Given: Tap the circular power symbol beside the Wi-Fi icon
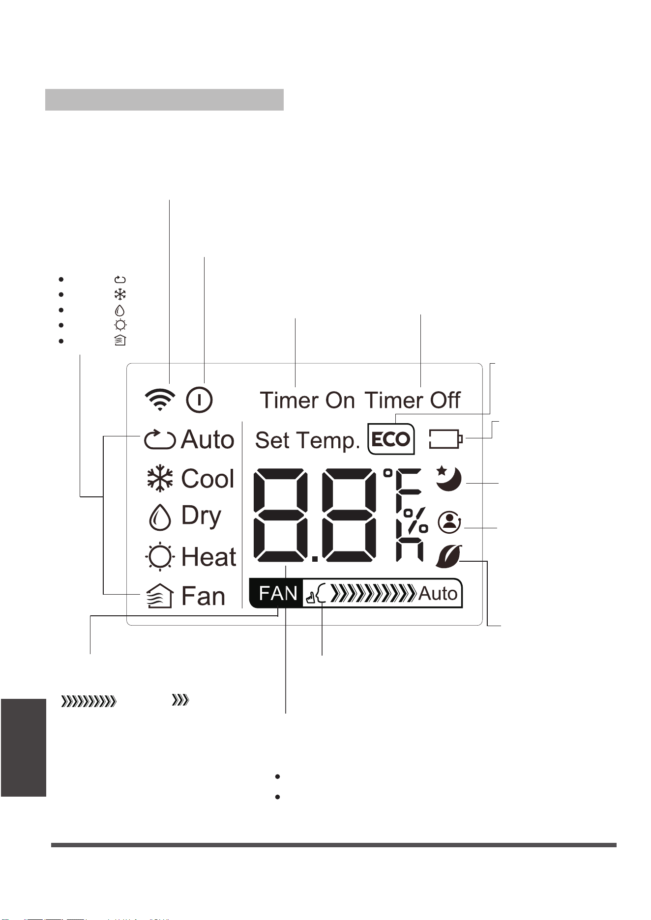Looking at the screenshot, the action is (199, 400).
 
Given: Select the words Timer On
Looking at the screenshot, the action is (307, 400).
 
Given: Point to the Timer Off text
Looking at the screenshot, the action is (412, 400).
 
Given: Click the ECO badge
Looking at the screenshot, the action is (391, 438).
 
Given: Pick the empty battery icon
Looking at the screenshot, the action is (446, 439).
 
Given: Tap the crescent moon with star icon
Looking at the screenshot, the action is (448, 478).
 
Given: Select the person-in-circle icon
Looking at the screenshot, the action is (449, 522).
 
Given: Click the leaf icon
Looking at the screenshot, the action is (448, 556).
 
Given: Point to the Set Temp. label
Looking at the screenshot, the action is (308, 440).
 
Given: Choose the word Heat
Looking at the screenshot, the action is (208, 557).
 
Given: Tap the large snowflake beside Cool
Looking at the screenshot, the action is (160, 479).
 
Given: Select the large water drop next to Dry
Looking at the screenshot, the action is (160, 517).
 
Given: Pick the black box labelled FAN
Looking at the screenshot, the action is (276, 593).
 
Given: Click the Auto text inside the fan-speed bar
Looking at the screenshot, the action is (438, 594).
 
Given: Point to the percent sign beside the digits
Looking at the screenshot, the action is (415, 520).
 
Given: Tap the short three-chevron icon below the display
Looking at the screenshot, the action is (180, 701).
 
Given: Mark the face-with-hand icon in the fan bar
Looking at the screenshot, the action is (317, 594).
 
